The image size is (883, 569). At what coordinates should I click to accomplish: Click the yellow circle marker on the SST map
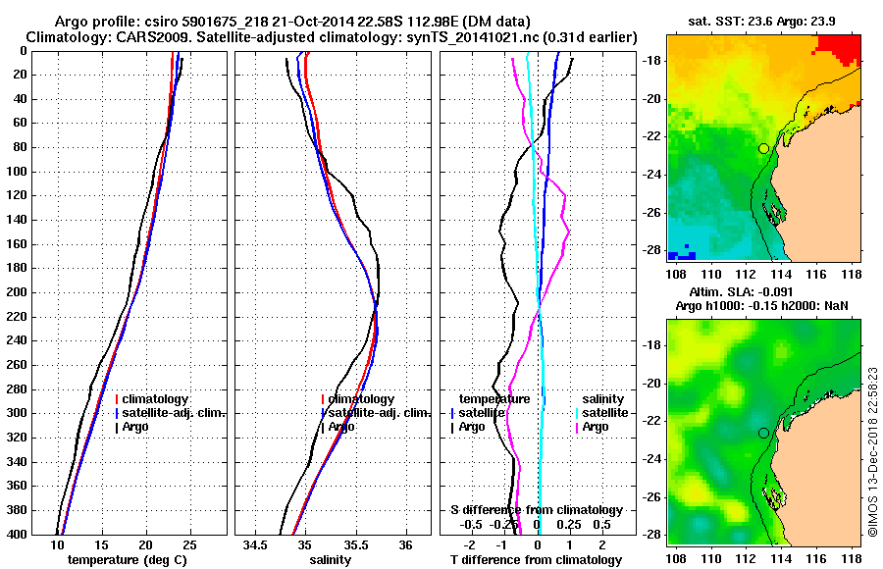(x=763, y=148)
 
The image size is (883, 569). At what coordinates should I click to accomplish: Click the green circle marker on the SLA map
(x=763, y=433)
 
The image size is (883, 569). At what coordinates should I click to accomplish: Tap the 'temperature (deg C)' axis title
(x=126, y=559)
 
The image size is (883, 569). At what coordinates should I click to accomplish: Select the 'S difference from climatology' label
(x=537, y=510)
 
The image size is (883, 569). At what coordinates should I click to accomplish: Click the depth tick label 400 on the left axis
(x=21, y=535)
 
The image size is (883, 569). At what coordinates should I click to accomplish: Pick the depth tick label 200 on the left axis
(x=21, y=292)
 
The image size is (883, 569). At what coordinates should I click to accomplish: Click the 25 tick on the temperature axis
(x=189, y=544)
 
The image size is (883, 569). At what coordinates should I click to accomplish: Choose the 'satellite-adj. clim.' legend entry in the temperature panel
(x=173, y=413)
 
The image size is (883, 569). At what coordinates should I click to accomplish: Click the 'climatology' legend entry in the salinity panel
(x=361, y=399)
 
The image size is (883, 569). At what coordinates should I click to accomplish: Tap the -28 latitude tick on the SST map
(x=651, y=250)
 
